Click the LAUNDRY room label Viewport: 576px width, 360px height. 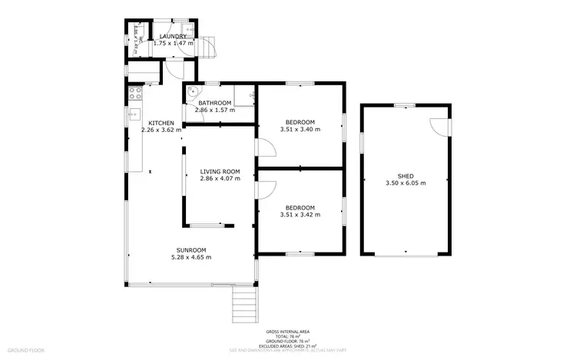(173, 36)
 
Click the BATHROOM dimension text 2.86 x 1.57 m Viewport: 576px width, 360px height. (214, 111)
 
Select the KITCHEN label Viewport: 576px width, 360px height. (161, 123)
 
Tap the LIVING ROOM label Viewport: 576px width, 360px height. (220, 171)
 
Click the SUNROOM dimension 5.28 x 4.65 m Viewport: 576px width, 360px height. (191, 257)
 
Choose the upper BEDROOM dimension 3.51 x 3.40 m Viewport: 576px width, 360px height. (300, 130)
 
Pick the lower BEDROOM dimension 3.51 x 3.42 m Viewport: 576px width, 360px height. (300, 215)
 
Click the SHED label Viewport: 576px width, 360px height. (405, 175)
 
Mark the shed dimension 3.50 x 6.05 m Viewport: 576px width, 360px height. (405, 183)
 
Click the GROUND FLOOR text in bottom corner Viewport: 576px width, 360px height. (28, 350)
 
